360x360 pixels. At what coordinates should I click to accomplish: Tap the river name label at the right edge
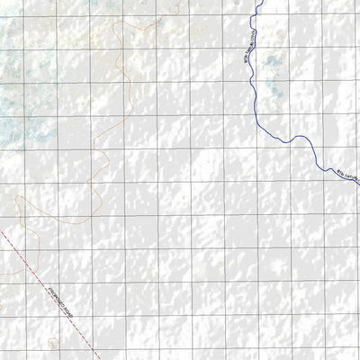pos(346,175)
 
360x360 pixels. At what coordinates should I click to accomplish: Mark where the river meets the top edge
pos(259,1)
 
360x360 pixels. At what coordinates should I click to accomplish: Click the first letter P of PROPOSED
pos(34,275)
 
